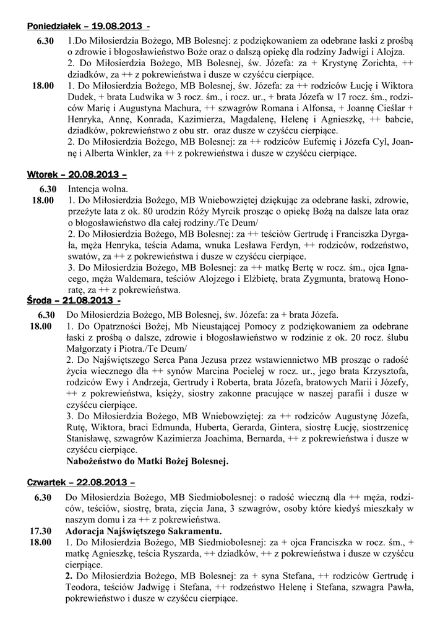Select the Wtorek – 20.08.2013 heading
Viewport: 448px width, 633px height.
point(78,174)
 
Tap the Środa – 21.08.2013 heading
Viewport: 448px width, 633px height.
point(73,301)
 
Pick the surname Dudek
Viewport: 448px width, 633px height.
point(80,97)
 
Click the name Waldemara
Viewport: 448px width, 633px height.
point(136,279)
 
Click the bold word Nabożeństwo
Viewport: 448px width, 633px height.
point(96,461)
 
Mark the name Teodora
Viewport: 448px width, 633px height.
point(84,587)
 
